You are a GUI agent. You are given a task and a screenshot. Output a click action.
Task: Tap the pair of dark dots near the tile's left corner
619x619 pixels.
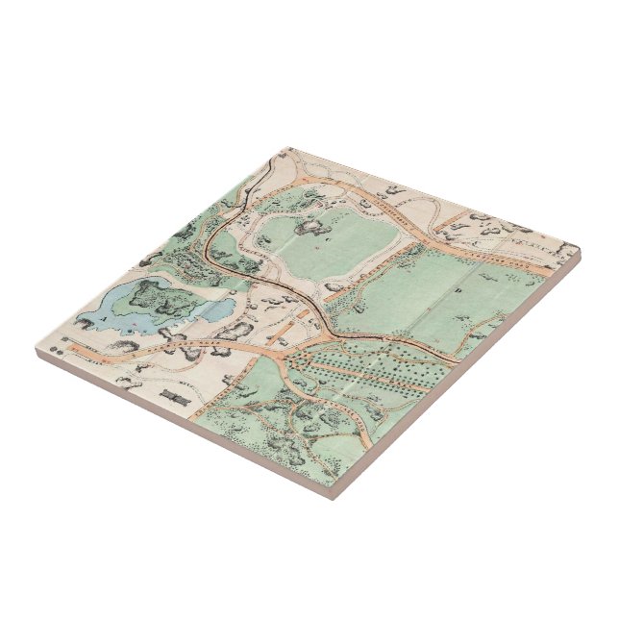coord(65,341)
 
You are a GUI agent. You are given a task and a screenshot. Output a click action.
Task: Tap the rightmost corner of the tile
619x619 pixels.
coord(581,252)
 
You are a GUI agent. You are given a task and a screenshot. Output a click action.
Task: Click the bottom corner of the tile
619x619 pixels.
coord(332,496)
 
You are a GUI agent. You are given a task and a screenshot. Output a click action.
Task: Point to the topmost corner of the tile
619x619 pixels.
coord(285,147)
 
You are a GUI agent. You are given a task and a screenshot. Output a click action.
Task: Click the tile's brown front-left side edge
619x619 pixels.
coord(183,428)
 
